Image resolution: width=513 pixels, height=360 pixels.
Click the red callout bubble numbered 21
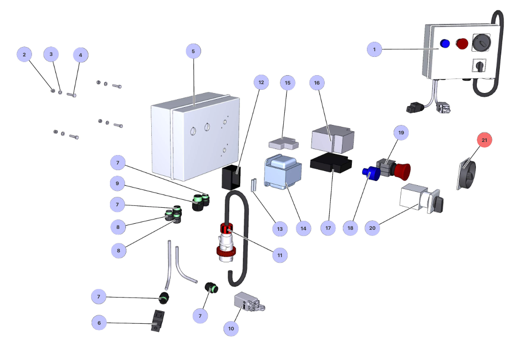pyautogui.click(x=485, y=140)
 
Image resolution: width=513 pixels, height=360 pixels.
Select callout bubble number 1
pyautogui.click(x=374, y=49)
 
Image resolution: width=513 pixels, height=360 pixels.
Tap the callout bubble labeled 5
pyautogui.click(x=193, y=51)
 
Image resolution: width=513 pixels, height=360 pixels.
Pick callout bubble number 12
pyautogui.click(x=261, y=82)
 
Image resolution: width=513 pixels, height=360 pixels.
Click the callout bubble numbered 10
pyautogui.click(x=231, y=329)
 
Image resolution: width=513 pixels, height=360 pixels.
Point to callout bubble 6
pyautogui.click(x=99, y=323)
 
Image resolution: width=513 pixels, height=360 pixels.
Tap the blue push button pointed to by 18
pyautogui.click(x=369, y=173)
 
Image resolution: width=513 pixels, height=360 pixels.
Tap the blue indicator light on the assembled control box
pyautogui.click(x=444, y=44)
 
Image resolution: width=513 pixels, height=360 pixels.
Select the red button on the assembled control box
pyautogui.click(x=463, y=44)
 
